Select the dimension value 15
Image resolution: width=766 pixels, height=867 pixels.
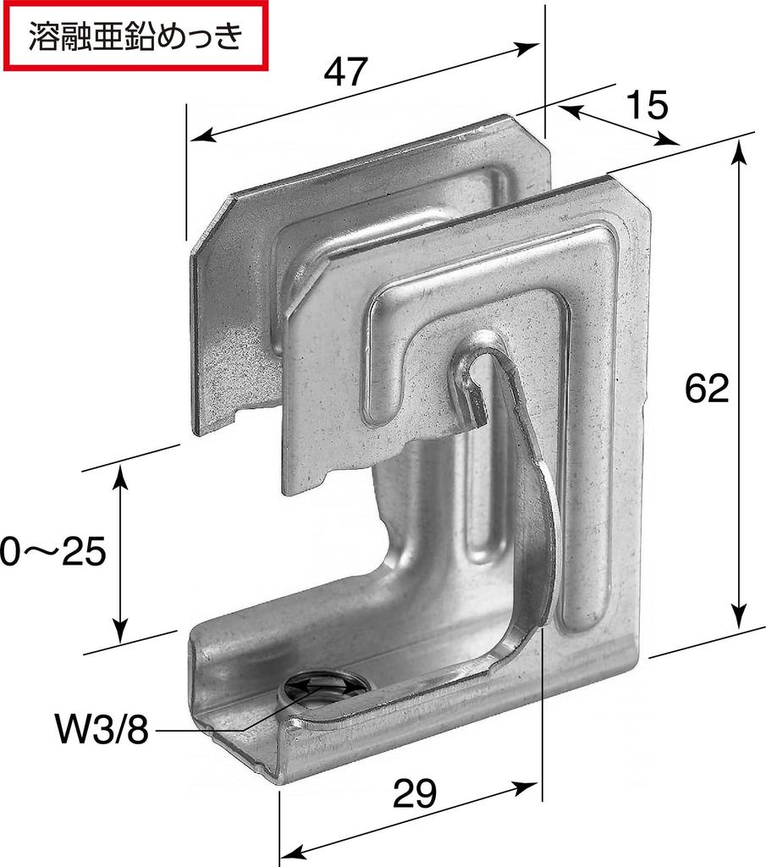click(x=648, y=105)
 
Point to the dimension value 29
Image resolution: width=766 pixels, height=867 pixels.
click(x=415, y=793)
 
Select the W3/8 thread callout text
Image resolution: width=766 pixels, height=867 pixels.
click(x=101, y=729)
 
